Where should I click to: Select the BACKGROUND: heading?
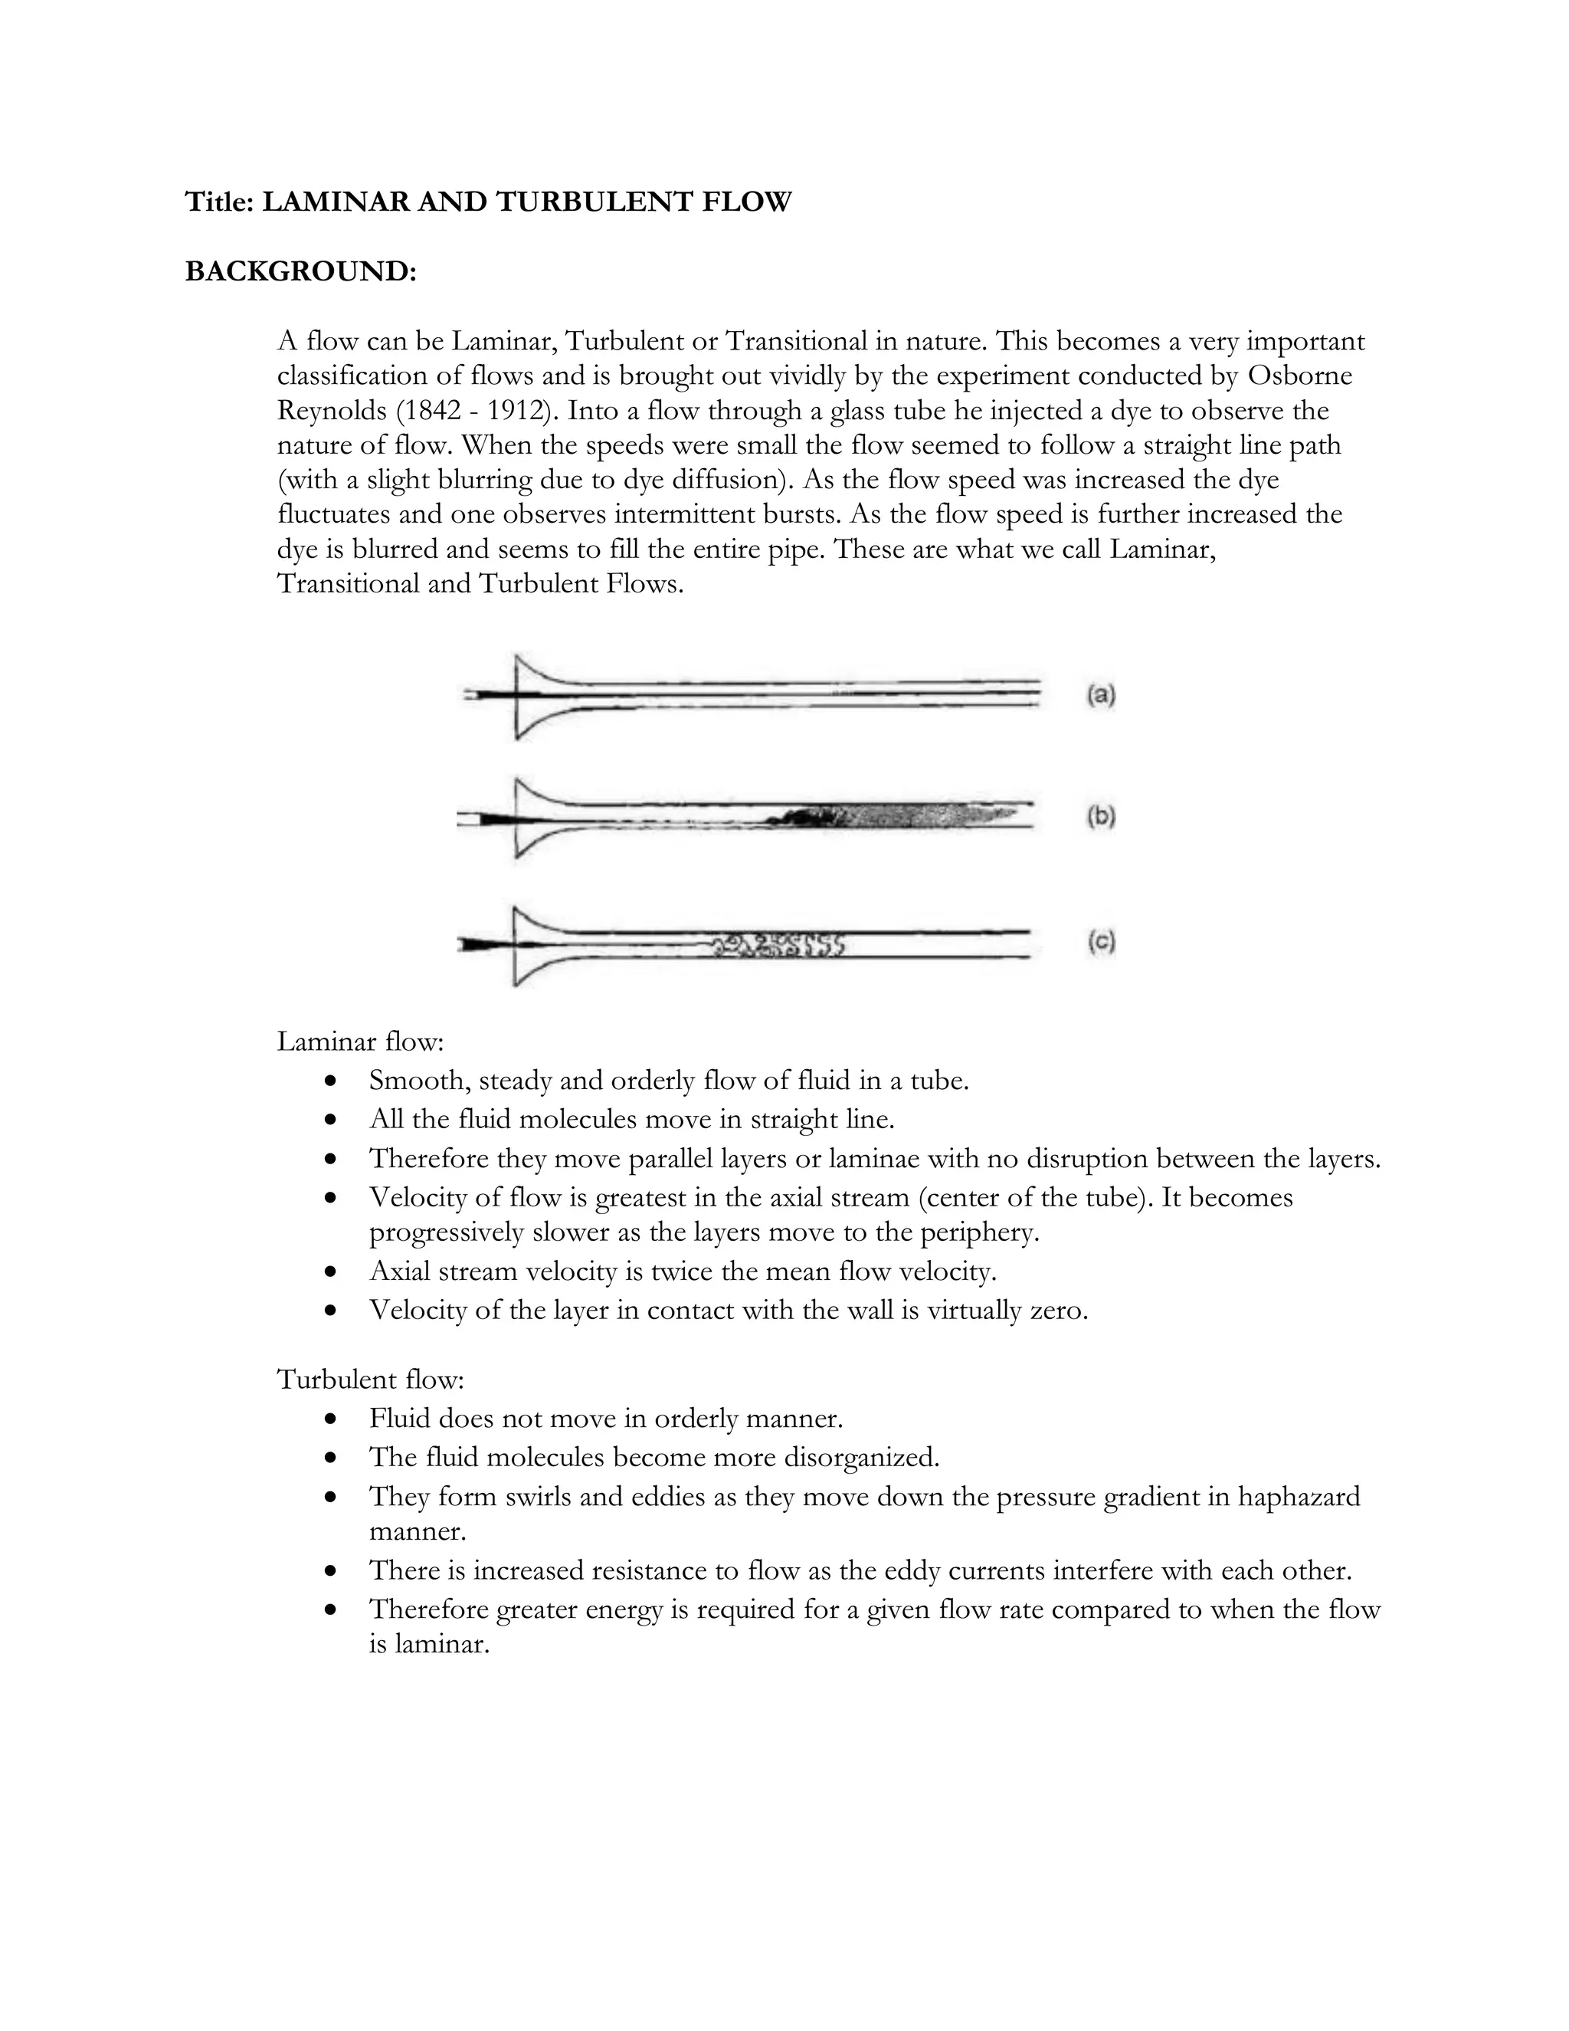pyautogui.click(x=301, y=271)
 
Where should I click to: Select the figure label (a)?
pyautogui.click(x=1101, y=696)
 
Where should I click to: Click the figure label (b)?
pyautogui.click(x=1101, y=816)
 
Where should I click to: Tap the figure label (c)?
pyautogui.click(x=1101, y=942)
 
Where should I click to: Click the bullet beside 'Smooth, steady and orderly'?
pyautogui.click(x=330, y=1081)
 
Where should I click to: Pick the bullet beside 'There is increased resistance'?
pyautogui.click(x=330, y=1570)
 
